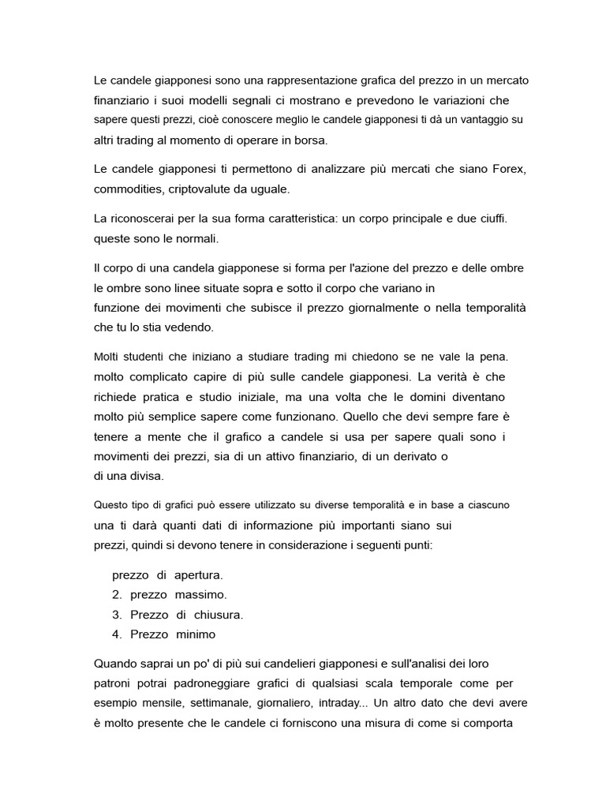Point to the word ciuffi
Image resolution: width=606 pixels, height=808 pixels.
pyautogui.click(x=489, y=217)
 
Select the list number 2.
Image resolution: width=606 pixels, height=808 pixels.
pyautogui.click(x=116, y=595)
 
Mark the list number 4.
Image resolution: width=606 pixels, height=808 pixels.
pyautogui.click(x=116, y=634)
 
